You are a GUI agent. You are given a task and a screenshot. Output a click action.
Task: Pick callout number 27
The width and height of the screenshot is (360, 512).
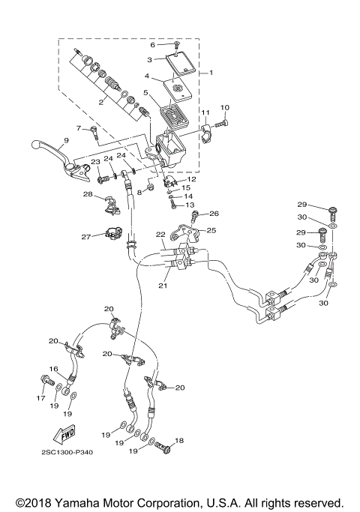(x=86, y=236)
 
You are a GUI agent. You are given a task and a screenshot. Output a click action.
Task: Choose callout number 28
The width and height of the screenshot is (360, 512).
(x=88, y=195)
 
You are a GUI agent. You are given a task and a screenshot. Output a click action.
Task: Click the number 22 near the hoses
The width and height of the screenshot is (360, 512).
(x=160, y=235)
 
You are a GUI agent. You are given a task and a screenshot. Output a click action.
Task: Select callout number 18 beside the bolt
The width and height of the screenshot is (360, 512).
(x=178, y=440)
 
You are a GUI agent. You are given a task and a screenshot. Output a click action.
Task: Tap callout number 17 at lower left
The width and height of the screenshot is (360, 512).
(x=41, y=398)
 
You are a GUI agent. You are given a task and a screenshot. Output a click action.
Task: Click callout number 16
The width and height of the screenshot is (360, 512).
(x=53, y=369)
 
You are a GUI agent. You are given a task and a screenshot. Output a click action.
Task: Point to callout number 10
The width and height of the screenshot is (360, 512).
(x=225, y=108)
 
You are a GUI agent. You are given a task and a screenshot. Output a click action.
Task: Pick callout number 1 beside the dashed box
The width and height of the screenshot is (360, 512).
(x=211, y=73)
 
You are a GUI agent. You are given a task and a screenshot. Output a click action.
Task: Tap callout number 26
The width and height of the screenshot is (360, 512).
(x=214, y=214)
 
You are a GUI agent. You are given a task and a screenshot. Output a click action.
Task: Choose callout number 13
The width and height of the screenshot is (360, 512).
(x=189, y=205)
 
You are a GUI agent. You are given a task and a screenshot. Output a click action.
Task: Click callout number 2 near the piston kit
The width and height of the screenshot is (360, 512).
(x=100, y=102)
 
